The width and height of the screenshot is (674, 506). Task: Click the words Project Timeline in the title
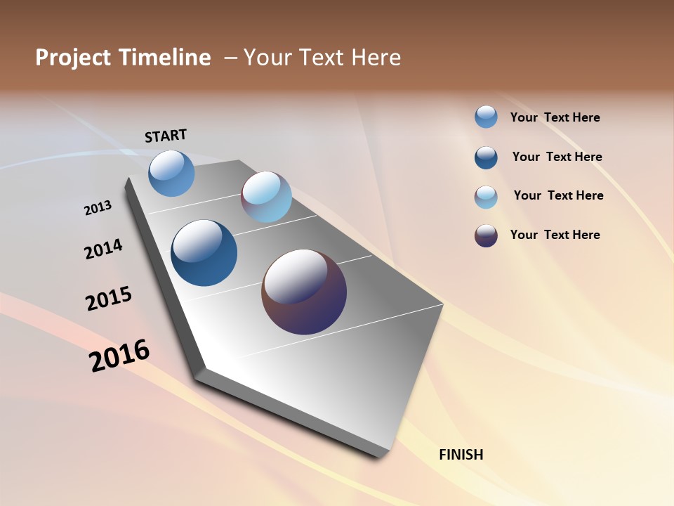[123, 58]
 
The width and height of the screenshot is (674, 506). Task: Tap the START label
[166, 136]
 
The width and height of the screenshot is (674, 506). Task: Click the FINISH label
[461, 455]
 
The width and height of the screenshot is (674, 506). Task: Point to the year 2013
[98, 208]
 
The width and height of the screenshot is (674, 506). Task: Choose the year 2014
[104, 249]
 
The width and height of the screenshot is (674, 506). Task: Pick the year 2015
[109, 298]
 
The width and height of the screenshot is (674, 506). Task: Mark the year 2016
[119, 356]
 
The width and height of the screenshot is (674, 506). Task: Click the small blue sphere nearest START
[171, 173]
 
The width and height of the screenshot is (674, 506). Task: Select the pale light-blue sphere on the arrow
[266, 197]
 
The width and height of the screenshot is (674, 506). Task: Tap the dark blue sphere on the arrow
[204, 253]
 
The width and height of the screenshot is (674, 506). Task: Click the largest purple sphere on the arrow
[304, 292]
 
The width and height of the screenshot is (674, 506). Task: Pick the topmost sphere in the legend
[486, 117]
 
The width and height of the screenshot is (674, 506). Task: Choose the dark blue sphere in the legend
[486, 157]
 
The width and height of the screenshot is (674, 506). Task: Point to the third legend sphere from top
[486, 197]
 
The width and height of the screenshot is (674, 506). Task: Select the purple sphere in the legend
[486, 235]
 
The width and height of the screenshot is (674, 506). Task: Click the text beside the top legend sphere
[555, 117]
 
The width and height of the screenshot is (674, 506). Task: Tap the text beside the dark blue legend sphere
[557, 157]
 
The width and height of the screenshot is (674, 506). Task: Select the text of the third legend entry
[558, 195]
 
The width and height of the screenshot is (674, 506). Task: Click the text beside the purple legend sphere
[555, 235]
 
